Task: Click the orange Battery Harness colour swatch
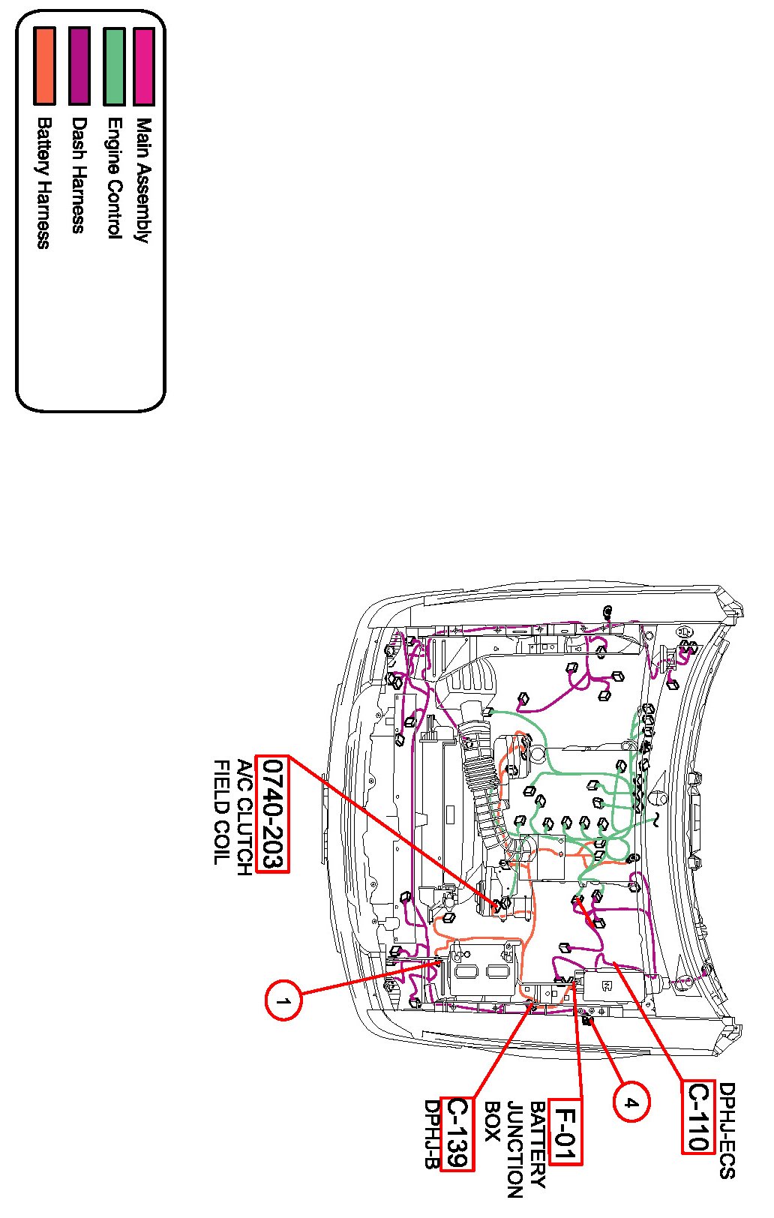(x=44, y=66)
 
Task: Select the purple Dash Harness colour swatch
(x=79, y=66)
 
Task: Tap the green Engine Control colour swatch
(x=114, y=66)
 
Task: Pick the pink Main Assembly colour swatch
(x=143, y=66)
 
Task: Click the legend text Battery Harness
(x=44, y=183)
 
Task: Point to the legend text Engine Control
(x=114, y=178)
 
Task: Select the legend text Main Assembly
(x=143, y=180)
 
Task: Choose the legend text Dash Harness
(x=79, y=175)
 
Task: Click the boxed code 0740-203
(x=272, y=814)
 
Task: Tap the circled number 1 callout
(x=283, y=1000)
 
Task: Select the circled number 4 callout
(x=631, y=1102)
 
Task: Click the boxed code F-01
(x=565, y=1131)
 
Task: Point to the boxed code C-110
(x=697, y=1117)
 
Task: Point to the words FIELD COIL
(x=222, y=812)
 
